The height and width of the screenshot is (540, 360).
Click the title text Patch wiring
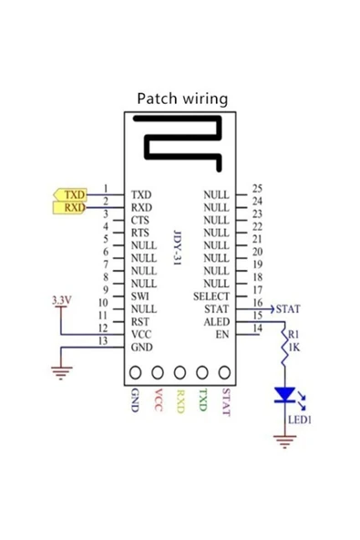[182, 98]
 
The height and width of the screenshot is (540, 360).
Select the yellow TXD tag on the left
[73, 194]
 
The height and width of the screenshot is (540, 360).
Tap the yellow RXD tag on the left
[73, 208]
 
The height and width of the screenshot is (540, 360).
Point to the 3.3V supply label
[61, 300]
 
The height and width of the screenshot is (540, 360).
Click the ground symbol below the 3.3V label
[61, 369]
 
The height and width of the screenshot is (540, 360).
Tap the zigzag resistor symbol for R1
[284, 354]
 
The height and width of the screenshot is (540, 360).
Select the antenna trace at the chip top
[182, 144]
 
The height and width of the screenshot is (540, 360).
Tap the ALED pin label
[217, 322]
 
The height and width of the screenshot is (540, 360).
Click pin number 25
[257, 188]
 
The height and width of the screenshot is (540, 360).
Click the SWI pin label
[140, 296]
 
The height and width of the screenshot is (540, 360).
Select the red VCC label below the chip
[158, 401]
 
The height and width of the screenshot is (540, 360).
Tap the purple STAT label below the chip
[225, 402]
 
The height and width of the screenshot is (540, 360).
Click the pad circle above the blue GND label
[136, 372]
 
